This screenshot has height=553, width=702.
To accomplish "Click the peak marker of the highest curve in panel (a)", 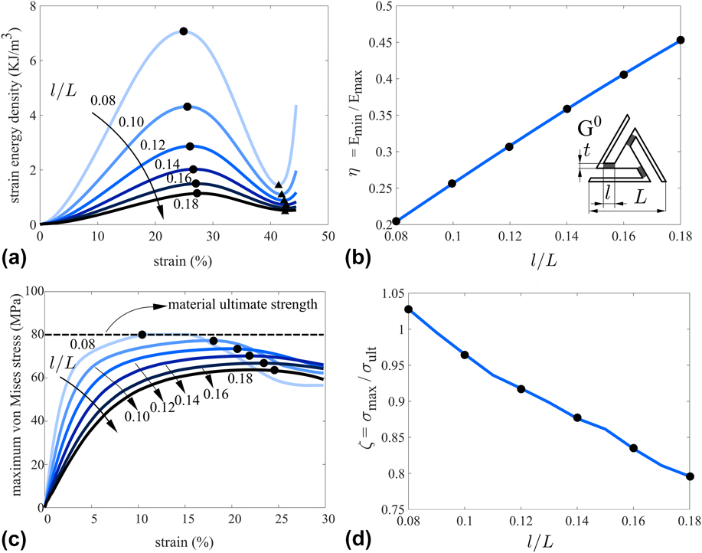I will (184, 31).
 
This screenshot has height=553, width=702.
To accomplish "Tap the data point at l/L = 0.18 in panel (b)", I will (680, 40).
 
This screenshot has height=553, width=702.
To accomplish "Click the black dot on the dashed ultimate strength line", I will (142, 335).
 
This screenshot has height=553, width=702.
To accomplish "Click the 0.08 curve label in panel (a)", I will (104, 100).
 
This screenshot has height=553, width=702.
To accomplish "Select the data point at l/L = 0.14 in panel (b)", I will (566, 109).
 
